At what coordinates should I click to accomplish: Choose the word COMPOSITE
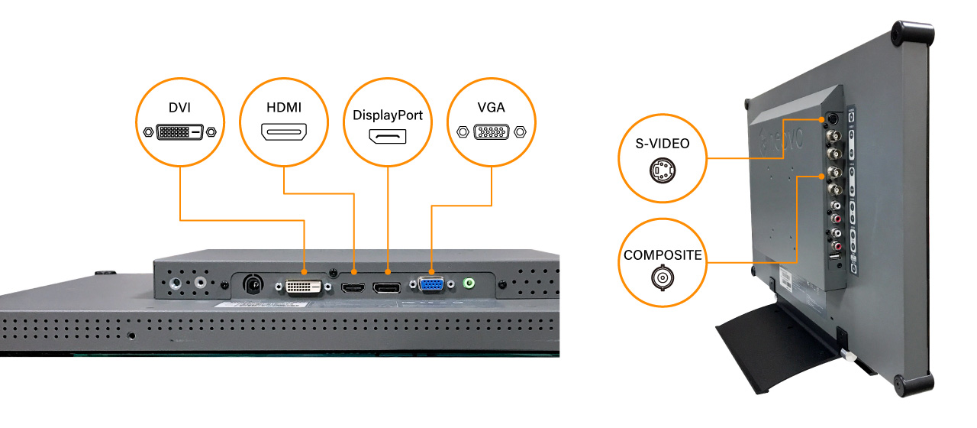pos(662,255)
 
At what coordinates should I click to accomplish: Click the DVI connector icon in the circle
pos(180,131)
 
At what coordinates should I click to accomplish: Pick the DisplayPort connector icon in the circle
pos(388,138)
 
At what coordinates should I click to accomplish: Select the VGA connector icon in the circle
pos(492,131)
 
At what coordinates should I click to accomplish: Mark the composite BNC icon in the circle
pos(662,278)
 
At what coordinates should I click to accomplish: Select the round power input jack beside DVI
pos(253,284)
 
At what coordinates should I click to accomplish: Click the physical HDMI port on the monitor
pos(353,287)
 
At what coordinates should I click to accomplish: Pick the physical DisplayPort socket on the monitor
pos(388,287)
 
